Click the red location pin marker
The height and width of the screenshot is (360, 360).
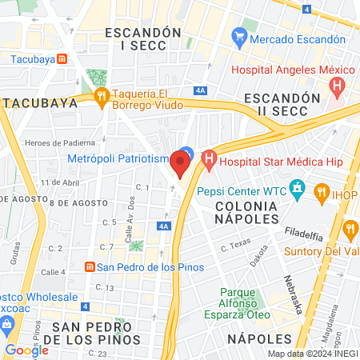(x=181, y=166)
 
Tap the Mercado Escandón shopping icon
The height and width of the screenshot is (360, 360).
(x=238, y=37)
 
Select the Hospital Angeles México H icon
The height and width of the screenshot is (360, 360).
(x=339, y=84)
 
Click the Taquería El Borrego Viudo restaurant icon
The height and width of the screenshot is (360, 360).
(x=101, y=98)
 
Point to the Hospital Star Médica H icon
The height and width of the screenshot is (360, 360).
(x=209, y=162)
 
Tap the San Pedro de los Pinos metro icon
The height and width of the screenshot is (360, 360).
(x=91, y=266)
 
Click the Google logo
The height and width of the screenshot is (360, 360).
(x=26, y=349)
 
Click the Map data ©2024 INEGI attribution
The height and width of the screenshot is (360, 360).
(x=313, y=354)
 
